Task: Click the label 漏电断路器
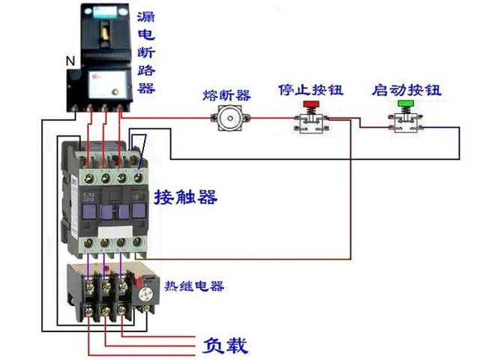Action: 147,52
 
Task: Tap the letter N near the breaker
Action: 70,61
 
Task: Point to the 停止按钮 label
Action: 310,90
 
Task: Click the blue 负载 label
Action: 225,346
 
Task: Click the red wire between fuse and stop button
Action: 270,118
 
